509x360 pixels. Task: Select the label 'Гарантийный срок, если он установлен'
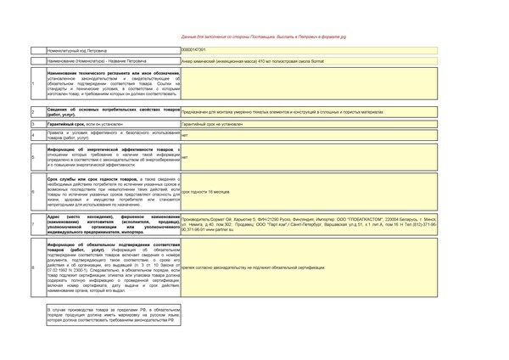(85, 124)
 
